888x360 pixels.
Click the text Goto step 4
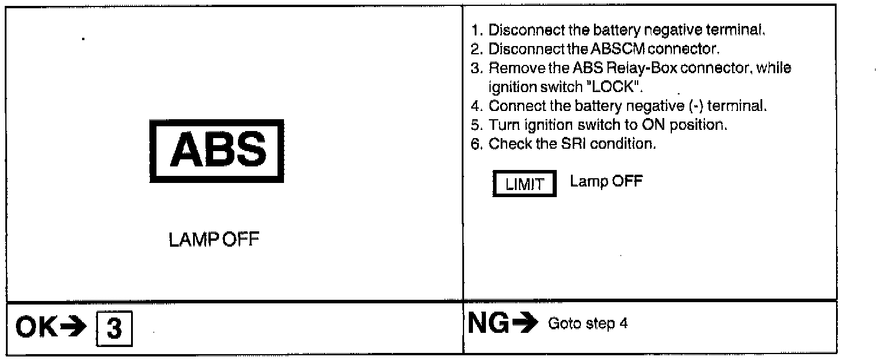(x=587, y=324)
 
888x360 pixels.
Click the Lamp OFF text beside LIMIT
(x=606, y=182)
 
